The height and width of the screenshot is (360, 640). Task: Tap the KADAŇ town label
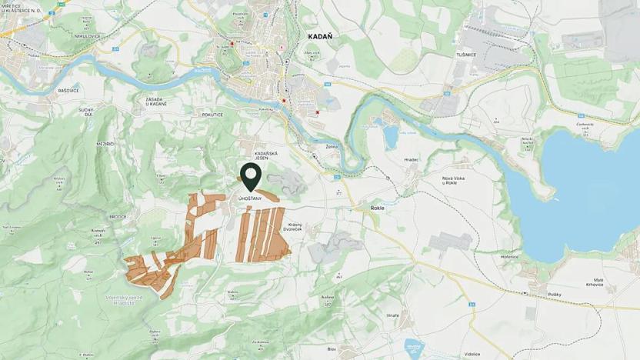[319, 35]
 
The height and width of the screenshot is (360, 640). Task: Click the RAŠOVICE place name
[68, 90]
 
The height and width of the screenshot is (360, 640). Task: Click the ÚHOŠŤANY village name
[251, 199]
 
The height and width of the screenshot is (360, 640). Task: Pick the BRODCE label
[118, 217]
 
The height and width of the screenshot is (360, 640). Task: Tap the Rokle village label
[377, 208]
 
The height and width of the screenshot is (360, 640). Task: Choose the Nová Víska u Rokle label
[456, 182]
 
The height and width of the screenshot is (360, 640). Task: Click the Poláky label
[555, 295]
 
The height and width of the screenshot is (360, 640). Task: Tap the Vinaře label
[393, 315]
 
